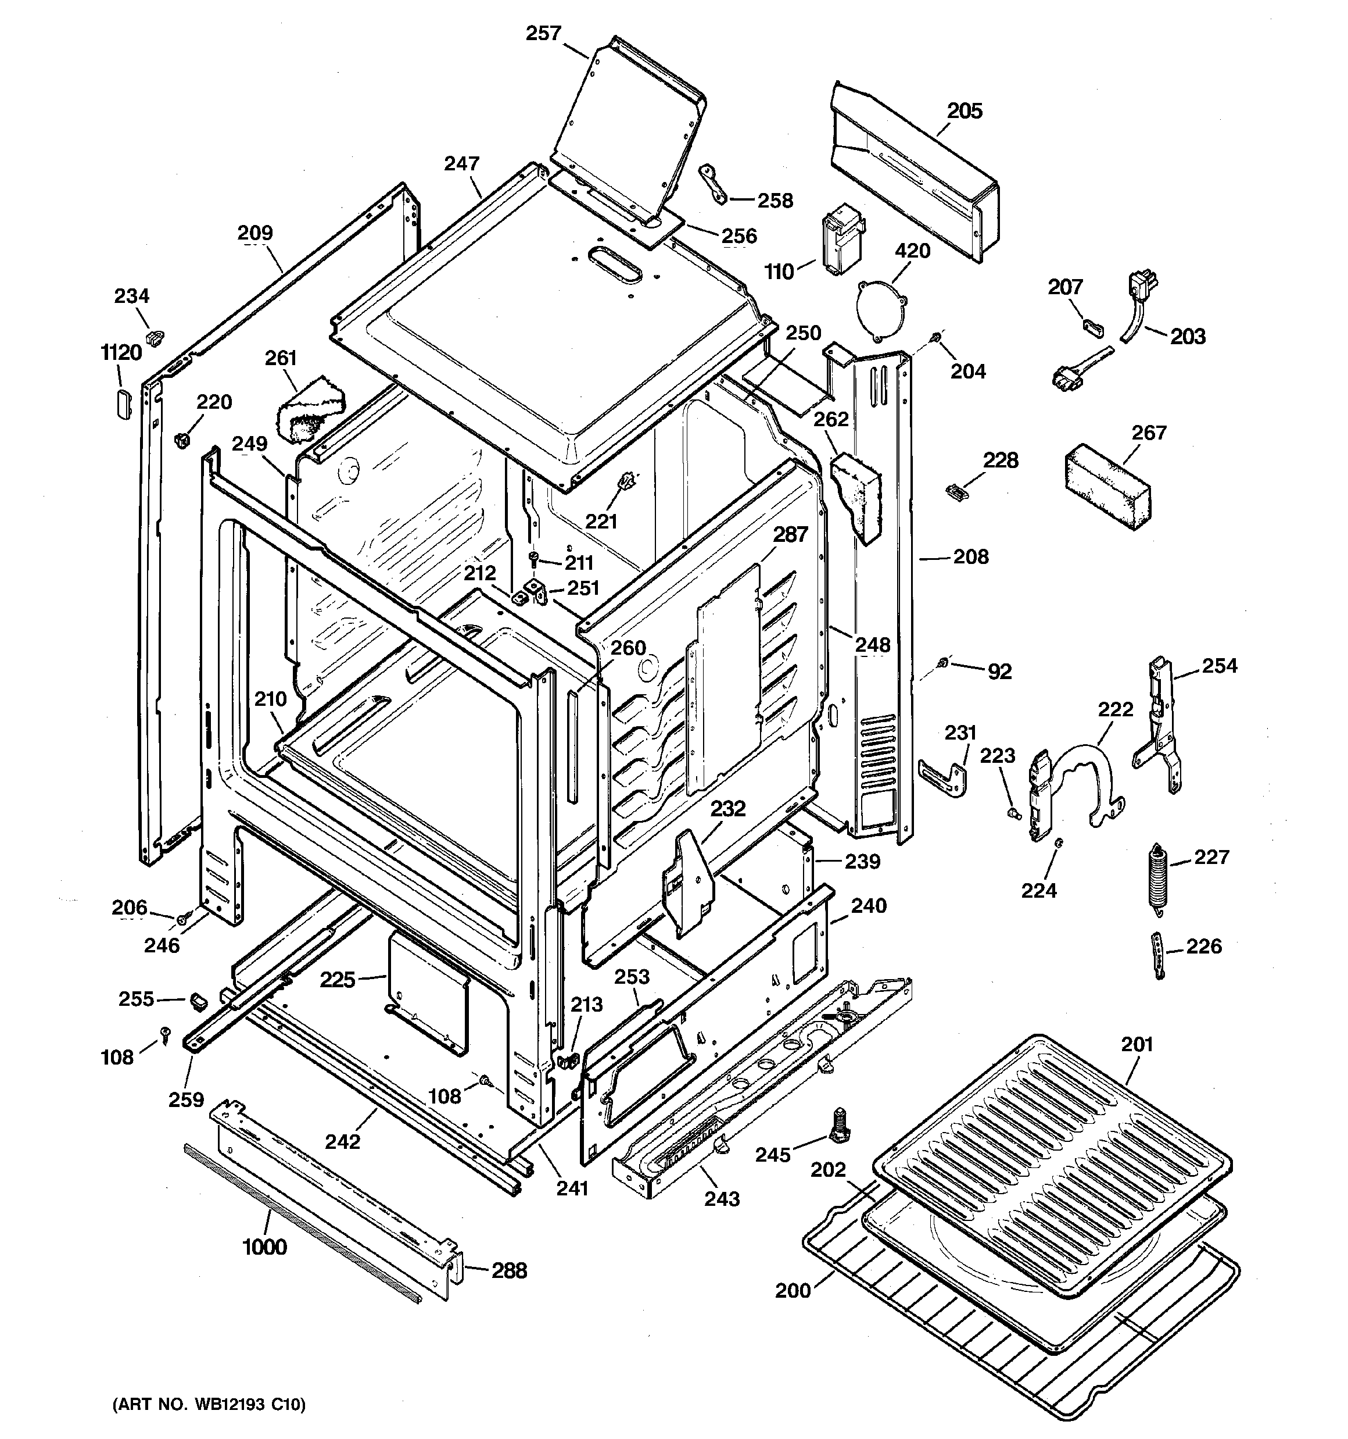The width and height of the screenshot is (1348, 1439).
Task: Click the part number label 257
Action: click(x=543, y=33)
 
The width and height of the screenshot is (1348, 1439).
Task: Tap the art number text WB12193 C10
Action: click(x=210, y=1405)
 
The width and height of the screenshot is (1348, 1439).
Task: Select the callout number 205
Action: click(x=965, y=110)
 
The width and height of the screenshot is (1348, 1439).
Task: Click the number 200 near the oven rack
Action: click(x=793, y=1291)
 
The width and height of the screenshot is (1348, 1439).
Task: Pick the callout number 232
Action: click(x=727, y=809)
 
